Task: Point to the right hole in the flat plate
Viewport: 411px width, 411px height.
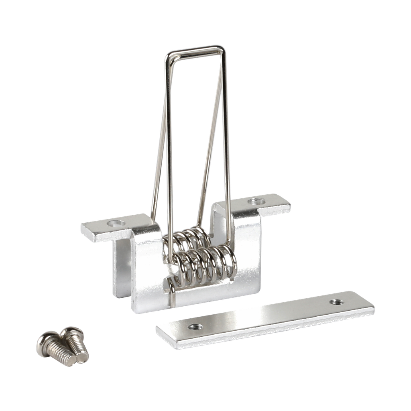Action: tap(335, 301)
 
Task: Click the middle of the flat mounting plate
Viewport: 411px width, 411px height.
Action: tap(265, 317)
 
